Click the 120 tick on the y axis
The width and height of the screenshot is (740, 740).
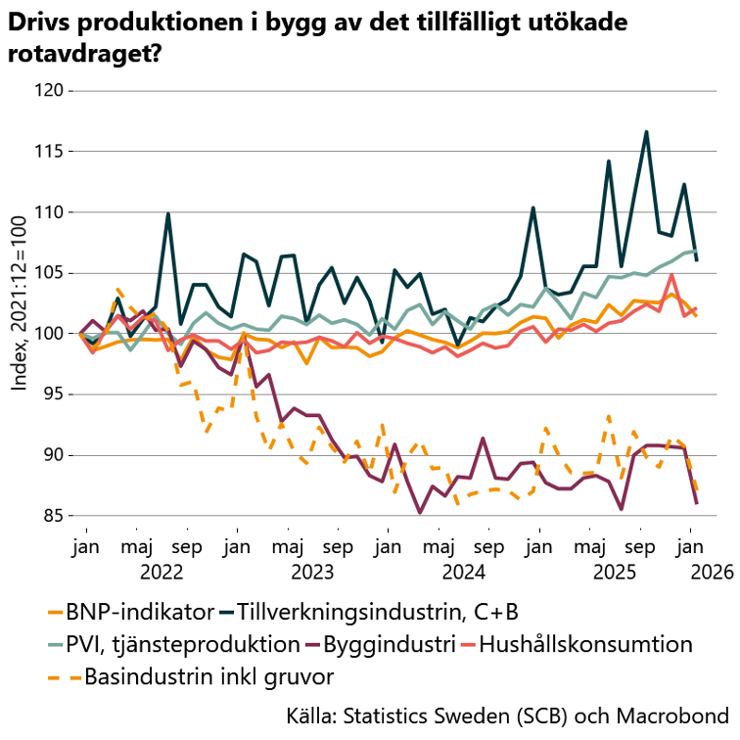(47, 91)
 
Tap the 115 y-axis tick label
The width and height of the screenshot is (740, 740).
(47, 152)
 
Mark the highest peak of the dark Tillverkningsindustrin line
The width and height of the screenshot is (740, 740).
(646, 131)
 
